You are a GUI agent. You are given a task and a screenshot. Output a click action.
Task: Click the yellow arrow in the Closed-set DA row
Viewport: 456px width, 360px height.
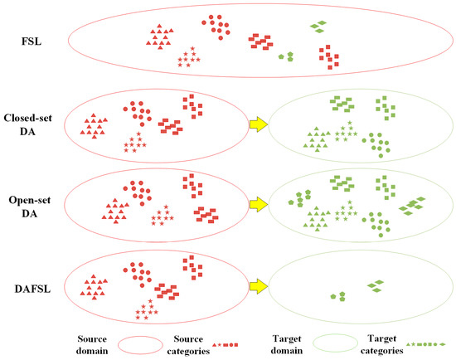[x=260, y=125]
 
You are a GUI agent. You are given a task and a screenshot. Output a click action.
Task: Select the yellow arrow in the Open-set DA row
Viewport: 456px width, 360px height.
[x=260, y=203]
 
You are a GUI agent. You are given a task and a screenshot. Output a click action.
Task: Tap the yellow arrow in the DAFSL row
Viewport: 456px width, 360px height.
[x=260, y=286]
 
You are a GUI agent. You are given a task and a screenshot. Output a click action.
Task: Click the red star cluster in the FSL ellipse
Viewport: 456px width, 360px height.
[x=189, y=57]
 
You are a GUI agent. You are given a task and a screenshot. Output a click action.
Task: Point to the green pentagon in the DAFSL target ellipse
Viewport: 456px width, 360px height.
[x=335, y=294]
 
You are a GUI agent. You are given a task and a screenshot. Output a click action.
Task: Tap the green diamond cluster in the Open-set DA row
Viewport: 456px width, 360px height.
[x=411, y=204]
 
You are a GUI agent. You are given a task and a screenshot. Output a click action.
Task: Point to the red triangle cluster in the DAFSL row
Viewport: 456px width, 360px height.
[x=95, y=287]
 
